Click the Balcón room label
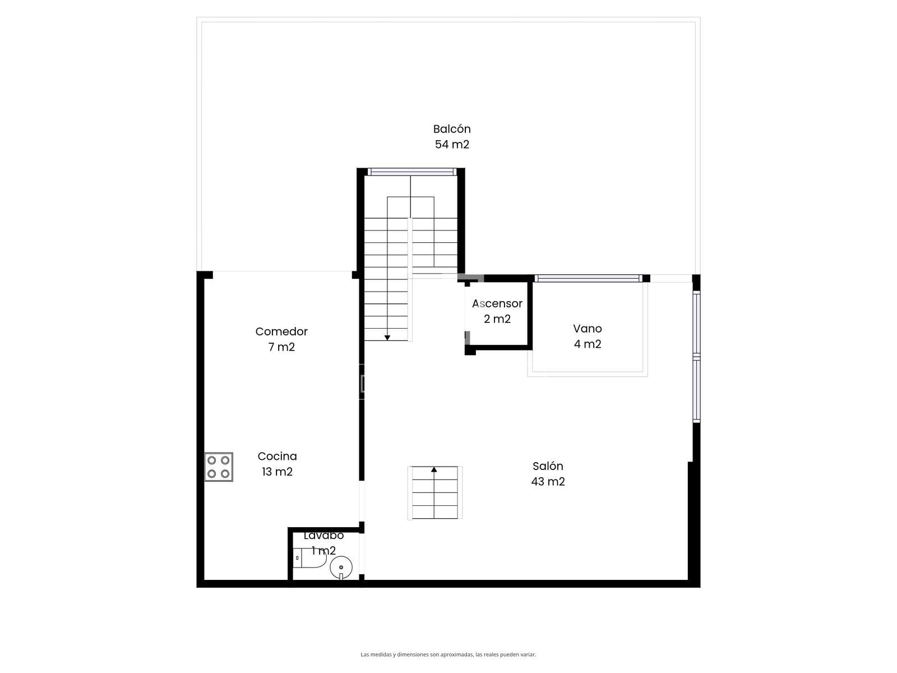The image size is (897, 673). click(451, 129)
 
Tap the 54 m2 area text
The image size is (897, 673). click(451, 144)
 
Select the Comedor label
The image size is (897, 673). click(281, 331)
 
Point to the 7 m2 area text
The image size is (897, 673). click(281, 347)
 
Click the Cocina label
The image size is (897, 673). click(277, 456)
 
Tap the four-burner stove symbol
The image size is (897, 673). click(219, 467)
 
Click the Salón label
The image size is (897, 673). click(548, 466)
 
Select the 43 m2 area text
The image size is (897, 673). click(548, 481)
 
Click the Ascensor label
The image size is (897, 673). click(497, 303)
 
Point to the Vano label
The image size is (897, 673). click(587, 329)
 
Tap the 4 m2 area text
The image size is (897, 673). click(587, 344)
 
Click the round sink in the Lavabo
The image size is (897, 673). click(341, 567)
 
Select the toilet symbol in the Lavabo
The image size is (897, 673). click(310, 558)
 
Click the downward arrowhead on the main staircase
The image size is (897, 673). click(387, 338)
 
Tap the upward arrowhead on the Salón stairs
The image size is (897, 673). click(434, 470)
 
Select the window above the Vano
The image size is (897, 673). click(588, 278)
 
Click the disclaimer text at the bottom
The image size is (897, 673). click(448, 654)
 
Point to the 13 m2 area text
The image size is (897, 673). click(277, 472)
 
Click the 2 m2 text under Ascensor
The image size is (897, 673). click(497, 319)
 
